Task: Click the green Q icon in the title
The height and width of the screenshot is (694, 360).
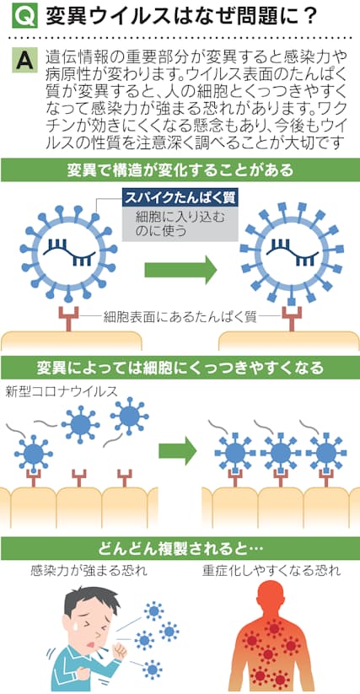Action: (21, 16)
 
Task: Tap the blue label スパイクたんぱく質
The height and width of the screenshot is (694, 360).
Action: (180, 198)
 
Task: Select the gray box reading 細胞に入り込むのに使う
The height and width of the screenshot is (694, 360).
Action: (180, 224)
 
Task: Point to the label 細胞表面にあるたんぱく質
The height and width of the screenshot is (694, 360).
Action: (180, 317)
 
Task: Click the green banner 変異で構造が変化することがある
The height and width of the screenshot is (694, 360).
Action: (180, 170)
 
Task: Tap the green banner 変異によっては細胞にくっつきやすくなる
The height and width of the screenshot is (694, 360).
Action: (180, 368)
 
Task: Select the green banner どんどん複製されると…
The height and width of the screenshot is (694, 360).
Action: (180, 548)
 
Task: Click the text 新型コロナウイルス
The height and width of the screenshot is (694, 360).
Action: (62, 392)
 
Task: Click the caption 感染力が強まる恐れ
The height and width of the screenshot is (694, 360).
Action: (89, 571)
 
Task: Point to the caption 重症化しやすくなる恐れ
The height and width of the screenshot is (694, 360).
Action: (271, 571)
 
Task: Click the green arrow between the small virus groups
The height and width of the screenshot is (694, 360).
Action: (177, 450)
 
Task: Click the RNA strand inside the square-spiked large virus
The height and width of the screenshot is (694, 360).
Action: (292, 252)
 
